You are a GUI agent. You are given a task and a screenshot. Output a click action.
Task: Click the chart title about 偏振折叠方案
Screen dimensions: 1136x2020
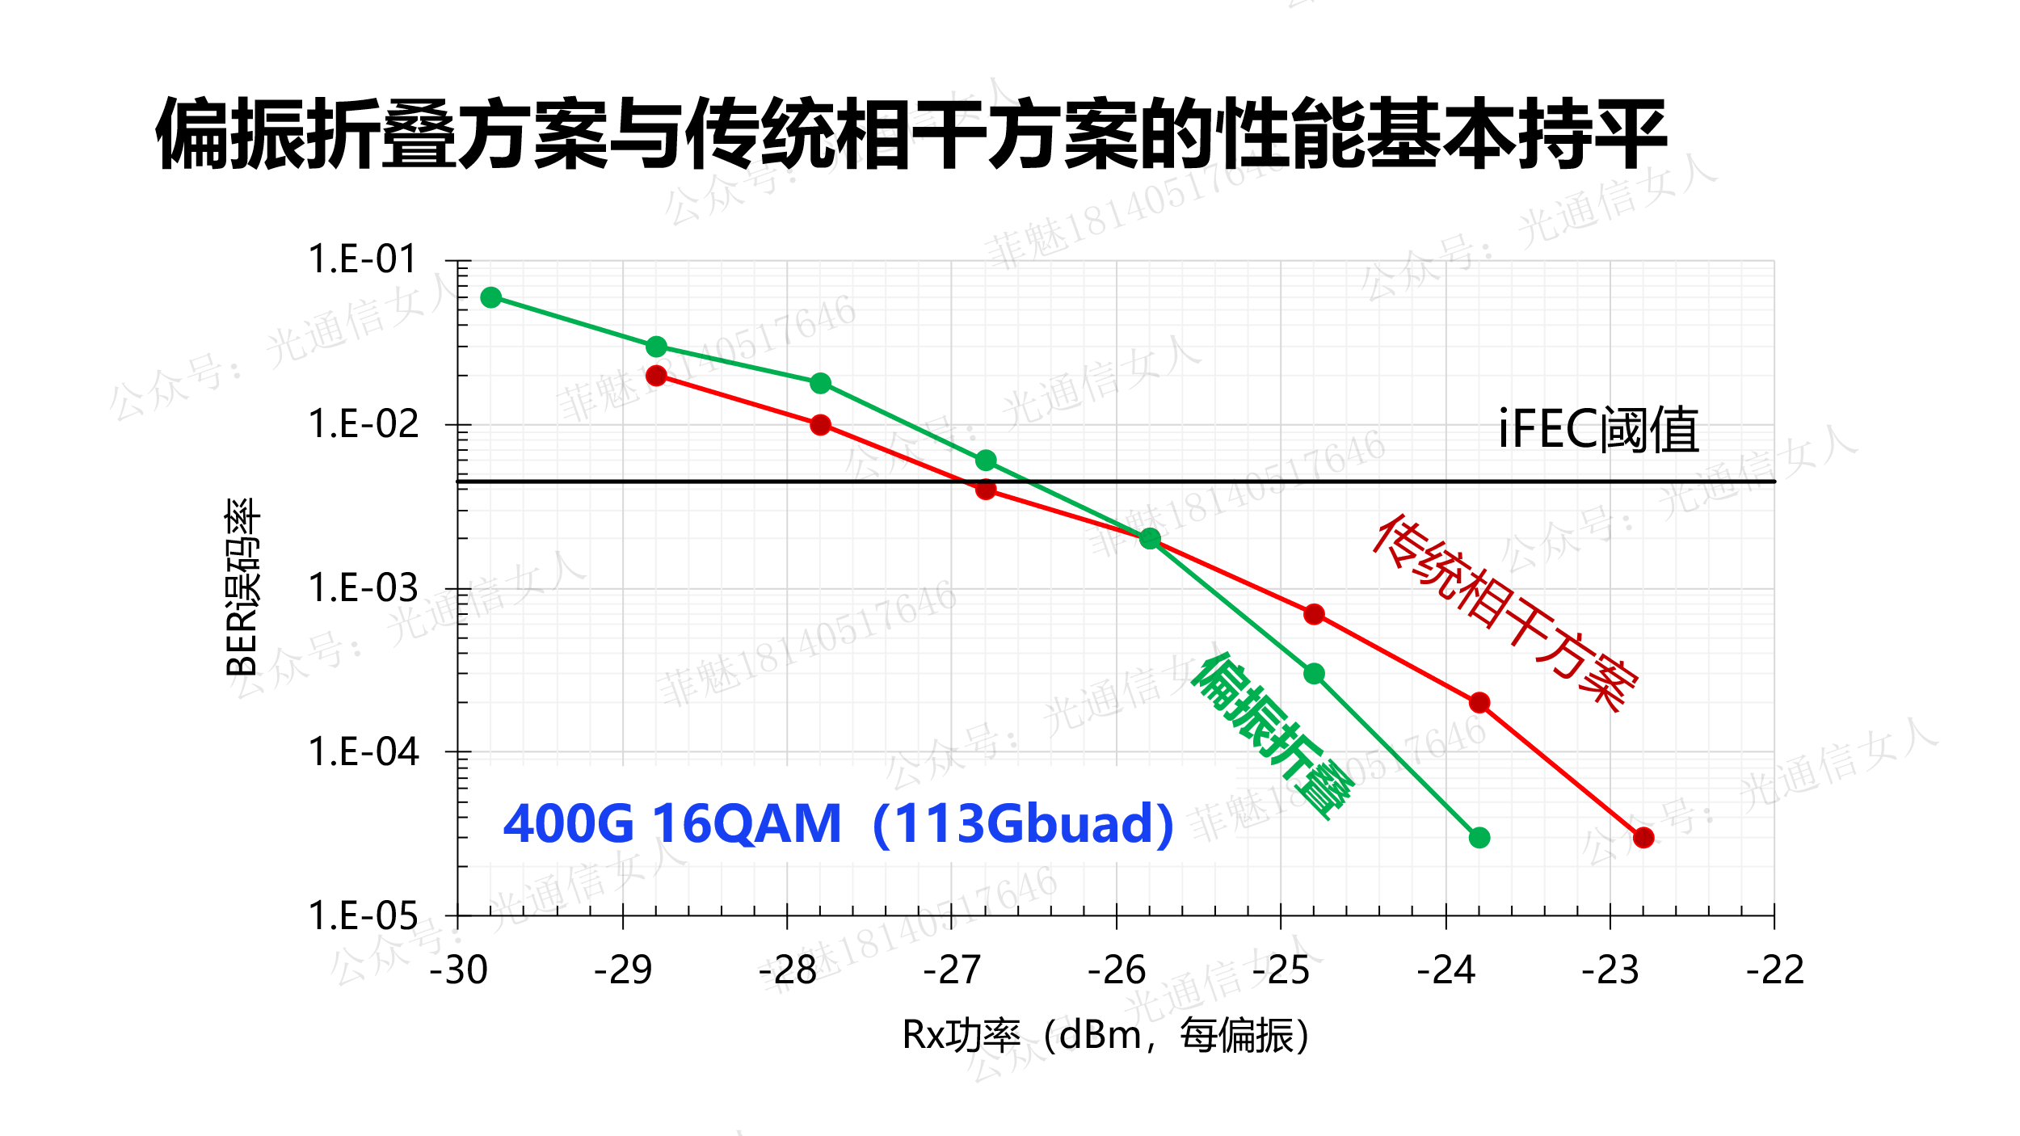coord(911,134)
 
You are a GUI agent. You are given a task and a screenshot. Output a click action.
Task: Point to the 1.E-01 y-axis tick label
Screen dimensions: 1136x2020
coord(362,260)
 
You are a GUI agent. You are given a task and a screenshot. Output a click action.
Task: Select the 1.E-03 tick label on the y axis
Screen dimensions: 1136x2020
coord(362,588)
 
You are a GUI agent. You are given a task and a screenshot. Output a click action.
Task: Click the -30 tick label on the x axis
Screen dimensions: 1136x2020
coord(458,970)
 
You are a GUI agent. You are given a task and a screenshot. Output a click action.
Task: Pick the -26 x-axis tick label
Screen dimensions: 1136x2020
coord(1117,970)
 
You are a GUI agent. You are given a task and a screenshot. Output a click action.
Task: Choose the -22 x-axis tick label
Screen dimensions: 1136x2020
coord(1774,970)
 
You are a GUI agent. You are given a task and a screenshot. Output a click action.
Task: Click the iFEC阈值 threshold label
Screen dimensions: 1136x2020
coord(1598,429)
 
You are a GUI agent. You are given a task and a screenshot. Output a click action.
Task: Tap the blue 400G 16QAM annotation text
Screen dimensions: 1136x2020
coord(838,824)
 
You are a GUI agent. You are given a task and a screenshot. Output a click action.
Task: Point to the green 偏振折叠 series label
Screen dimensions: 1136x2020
coord(1272,736)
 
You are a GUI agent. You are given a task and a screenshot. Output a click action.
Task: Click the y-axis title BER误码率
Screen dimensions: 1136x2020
coord(242,587)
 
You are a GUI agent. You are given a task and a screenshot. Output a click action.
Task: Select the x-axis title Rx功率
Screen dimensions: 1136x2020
coord(1105,1036)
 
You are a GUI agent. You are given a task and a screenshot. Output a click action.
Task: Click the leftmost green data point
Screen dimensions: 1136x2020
coord(490,297)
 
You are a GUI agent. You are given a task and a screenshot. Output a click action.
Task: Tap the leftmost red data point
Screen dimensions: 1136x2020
coord(656,376)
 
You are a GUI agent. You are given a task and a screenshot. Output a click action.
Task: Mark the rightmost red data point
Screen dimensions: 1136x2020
coord(1643,838)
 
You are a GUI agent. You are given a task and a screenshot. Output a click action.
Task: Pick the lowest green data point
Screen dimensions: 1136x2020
coord(1479,838)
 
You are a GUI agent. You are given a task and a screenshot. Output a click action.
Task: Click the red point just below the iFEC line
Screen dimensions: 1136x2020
coord(985,490)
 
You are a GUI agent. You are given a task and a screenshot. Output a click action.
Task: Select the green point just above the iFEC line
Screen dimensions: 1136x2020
coord(985,461)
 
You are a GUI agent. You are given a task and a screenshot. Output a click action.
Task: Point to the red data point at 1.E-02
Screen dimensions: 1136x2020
coord(820,425)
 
